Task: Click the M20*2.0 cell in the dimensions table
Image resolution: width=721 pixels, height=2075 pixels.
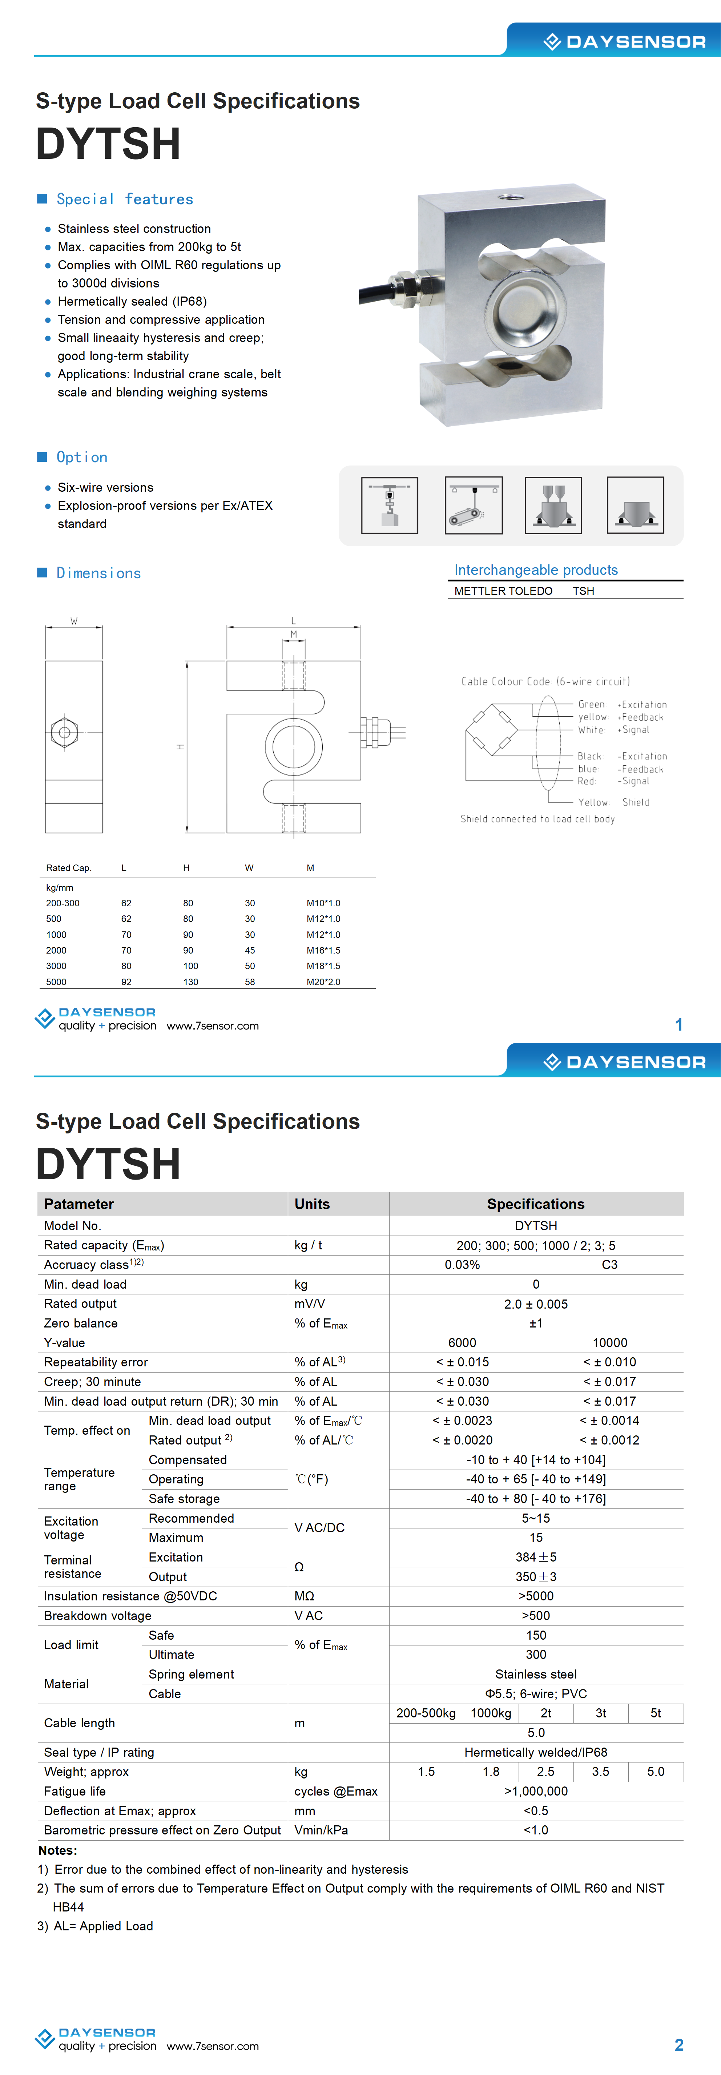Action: (323, 982)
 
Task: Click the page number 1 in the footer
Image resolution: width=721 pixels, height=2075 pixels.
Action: (678, 1025)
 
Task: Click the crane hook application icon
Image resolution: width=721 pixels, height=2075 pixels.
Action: (389, 505)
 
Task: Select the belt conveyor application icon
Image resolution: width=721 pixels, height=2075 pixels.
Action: (474, 505)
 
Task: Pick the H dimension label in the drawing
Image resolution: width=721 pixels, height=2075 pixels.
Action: (181, 747)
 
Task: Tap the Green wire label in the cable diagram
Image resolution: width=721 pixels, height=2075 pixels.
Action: (591, 704)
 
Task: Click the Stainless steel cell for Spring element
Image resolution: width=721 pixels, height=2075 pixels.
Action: (536, 1674)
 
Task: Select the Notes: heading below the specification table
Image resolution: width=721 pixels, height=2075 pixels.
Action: (58, 1850)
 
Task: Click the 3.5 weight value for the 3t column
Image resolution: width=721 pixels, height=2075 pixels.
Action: (600, 1771)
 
